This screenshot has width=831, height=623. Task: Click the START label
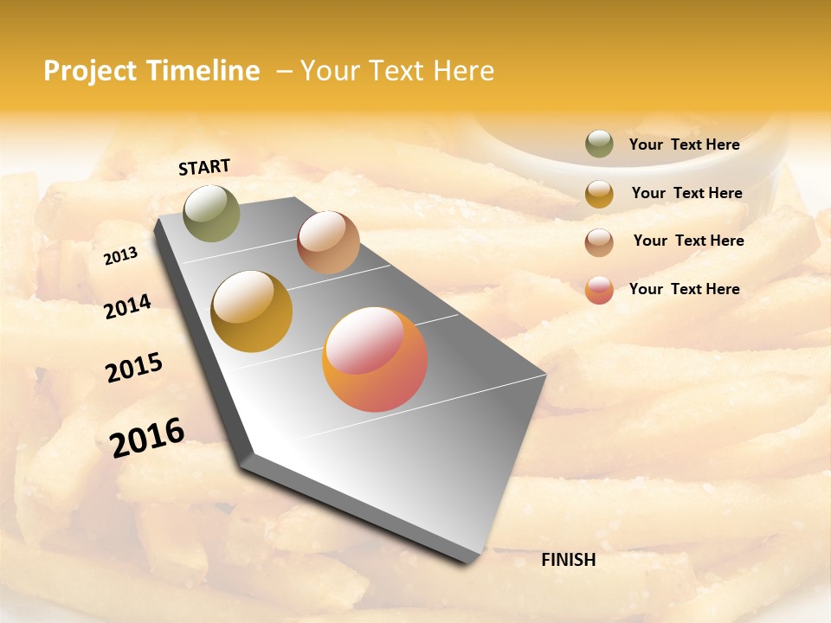point(204,167)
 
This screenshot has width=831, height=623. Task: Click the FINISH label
point(568,560)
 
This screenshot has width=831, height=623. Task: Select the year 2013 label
point(120,255)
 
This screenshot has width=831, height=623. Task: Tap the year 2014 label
point(127,306)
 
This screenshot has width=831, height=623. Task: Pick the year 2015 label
point(133,368)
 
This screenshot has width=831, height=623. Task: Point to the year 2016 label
point(147,438)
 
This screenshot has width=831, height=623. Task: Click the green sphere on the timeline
point(211,213)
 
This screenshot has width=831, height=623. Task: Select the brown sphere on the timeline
point(328,242)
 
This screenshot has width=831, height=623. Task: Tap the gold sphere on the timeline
point(252,311)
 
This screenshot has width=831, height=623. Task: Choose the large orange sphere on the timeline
point(375,359)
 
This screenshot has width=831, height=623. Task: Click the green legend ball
point(599,144)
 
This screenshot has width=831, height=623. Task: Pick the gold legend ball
point(599,193)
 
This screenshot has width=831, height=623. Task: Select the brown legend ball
point(599,241)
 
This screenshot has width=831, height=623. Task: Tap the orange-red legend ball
point(599,290)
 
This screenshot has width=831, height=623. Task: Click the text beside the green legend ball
point(684,145)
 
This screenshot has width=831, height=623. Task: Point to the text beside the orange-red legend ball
point(684,289)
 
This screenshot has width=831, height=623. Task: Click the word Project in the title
point(90,71)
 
